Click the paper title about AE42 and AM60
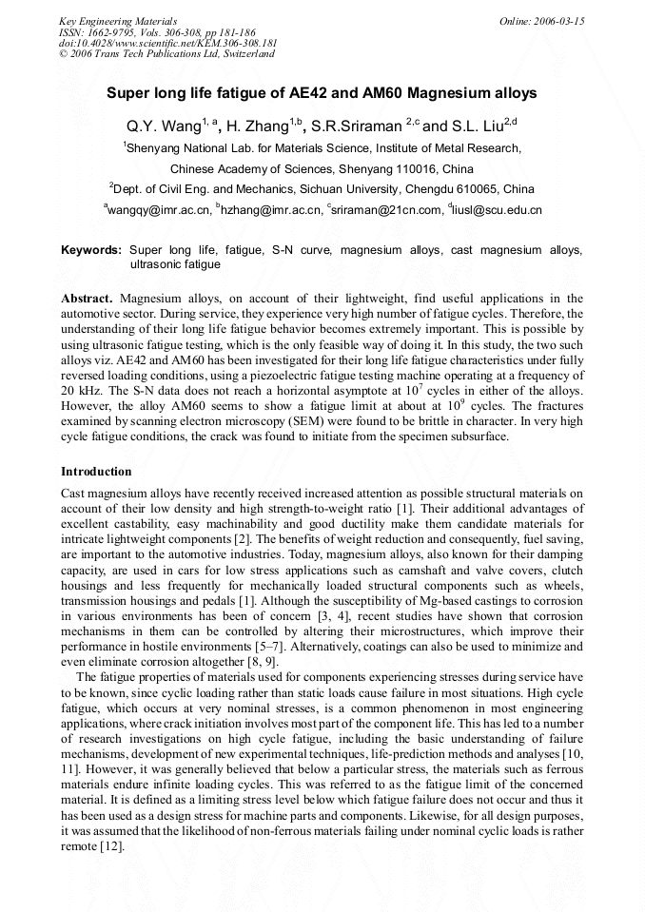[x=322, y=93]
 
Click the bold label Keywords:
[x=91, y=250]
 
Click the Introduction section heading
[x=96, y=472]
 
